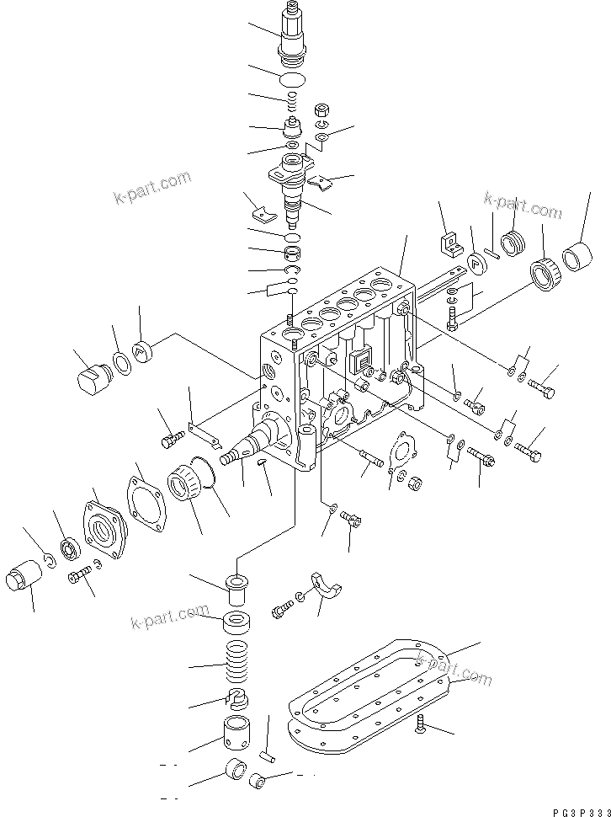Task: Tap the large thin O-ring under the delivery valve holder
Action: point(292,79)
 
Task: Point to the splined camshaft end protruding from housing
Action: point(229,457)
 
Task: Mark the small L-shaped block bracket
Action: point(449,243)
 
